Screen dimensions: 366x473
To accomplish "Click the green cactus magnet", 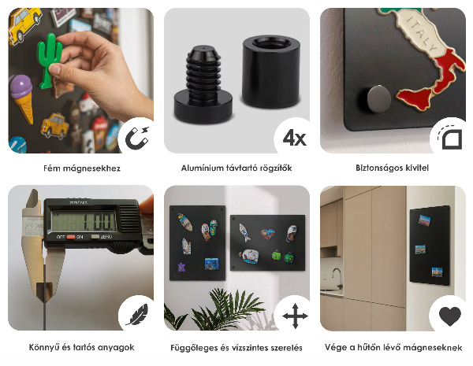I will tap(50, 59).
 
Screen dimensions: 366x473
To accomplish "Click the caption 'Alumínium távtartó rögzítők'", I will tap(236, 168).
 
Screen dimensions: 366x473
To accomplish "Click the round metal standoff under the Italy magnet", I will tap(377, 100).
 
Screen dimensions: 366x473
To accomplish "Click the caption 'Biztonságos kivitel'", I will tap(393, 168).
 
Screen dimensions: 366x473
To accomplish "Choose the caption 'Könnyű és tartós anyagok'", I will tap(80, 347).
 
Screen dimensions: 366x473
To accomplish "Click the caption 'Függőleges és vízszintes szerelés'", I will tap(236, 347).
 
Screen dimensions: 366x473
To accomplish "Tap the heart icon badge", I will tap(449, 316).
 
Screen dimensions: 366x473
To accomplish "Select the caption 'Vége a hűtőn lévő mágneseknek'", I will tap(393, 347).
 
